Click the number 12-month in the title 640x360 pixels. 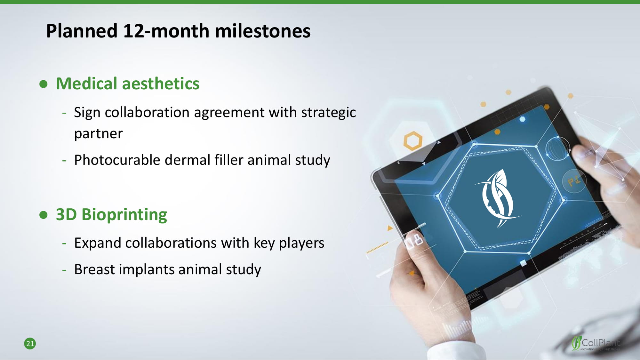pyautogui.click(x=166, y=31)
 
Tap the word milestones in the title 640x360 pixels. pyautogui.click(x=263, y=31)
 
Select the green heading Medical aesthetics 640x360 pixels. pyautogui.click(x=128, y=84)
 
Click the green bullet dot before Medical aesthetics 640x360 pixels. pyautogui.click(x=44, y=84)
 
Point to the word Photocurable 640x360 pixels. pyautogui.click(x=117, y=160)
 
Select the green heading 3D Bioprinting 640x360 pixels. pyautogui.click(x=111, y=214)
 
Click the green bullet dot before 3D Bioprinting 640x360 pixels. pyautogui.click(x=44, y=215)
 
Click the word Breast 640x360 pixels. pyautogui.click(x=94, y=269)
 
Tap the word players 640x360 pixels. pyautogui.click(x=301, y=243)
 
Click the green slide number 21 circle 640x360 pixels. pyautogui.click(x=30, y=344)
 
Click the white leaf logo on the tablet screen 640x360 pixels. pyautogui.click(x=497, y=198)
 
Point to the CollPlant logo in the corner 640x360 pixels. pyautogui.click(x=596, y=343)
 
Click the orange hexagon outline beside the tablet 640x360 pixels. pyautogui.click(x=413, y=140)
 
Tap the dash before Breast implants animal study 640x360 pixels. pyautogui.click(x=64, y=270)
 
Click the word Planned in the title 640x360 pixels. pyautogui.click(x=82, y=31)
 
